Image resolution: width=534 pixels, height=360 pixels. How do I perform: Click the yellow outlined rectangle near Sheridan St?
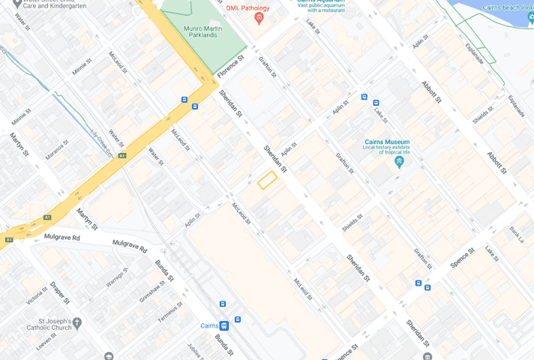pos(267,180)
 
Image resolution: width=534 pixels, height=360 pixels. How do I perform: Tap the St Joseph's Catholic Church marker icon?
pos(77,322)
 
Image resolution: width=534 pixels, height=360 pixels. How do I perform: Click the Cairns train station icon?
pos(224,325)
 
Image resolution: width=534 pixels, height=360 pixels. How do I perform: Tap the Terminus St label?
pos(169,312)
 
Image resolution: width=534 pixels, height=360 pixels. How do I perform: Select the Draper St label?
pos(59,292)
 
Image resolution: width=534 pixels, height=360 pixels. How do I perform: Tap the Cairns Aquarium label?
pos(323,3)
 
